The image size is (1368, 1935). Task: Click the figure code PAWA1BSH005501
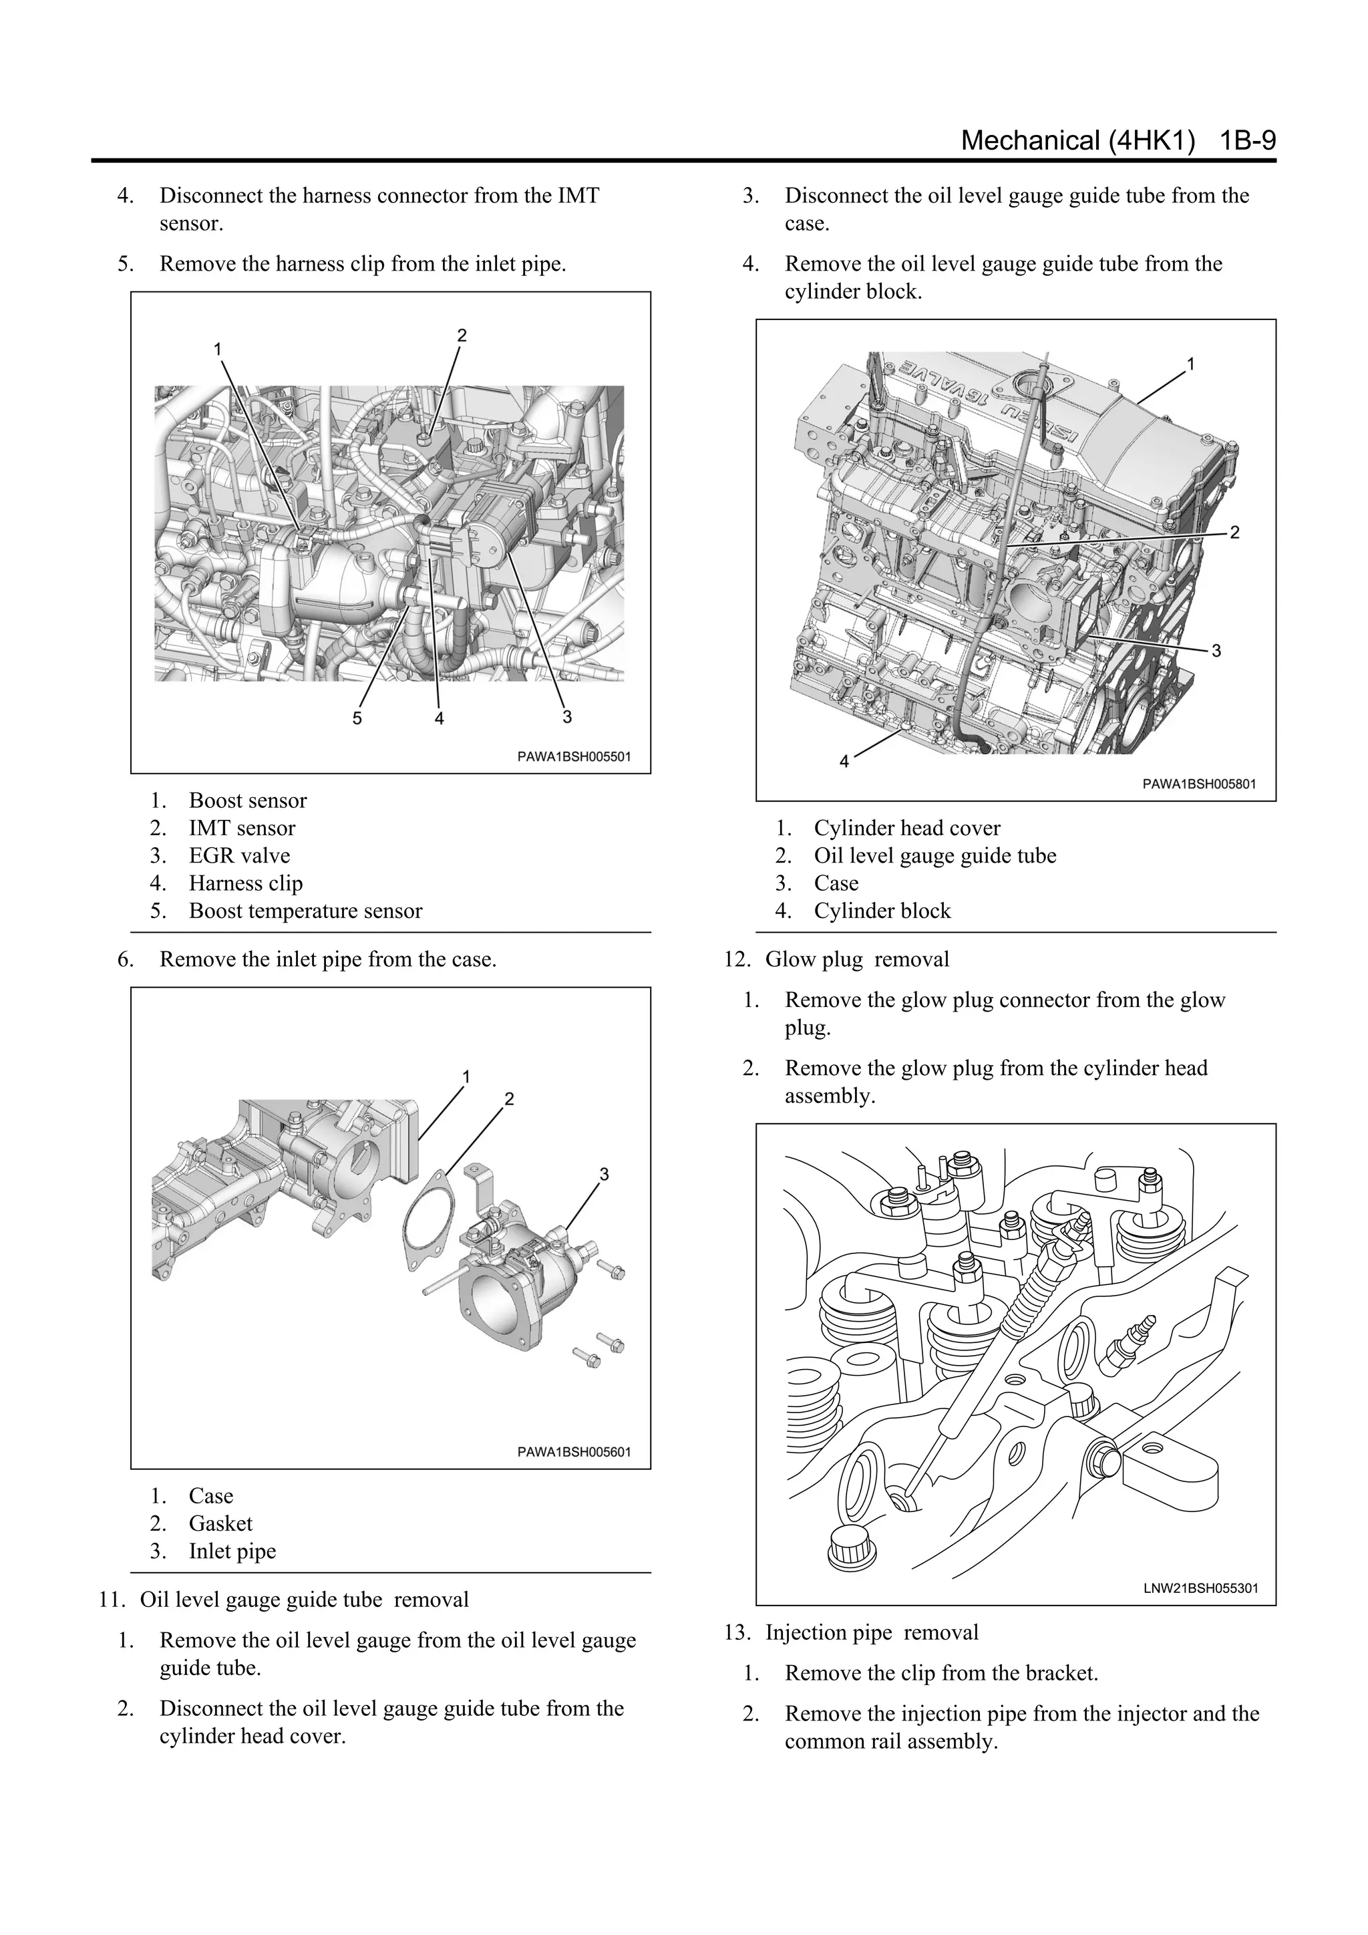coord(573,756)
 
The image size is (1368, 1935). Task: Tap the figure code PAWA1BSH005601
coord(573,1451)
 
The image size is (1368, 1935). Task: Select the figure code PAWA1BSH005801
coord(1199,783)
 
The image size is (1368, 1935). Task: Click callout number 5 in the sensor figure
coord(357,718)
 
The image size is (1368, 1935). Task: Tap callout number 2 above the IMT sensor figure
coord(462,335)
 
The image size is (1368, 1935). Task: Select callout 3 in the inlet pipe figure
coord(604,1174)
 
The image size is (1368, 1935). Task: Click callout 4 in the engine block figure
coord(845,761)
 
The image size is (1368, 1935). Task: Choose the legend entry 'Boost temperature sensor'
coord(305,910)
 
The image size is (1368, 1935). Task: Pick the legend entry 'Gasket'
coord(220,1523)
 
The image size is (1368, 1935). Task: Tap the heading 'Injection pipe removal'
coord(871,1632)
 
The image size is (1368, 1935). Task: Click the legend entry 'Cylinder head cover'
coord(906,828)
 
